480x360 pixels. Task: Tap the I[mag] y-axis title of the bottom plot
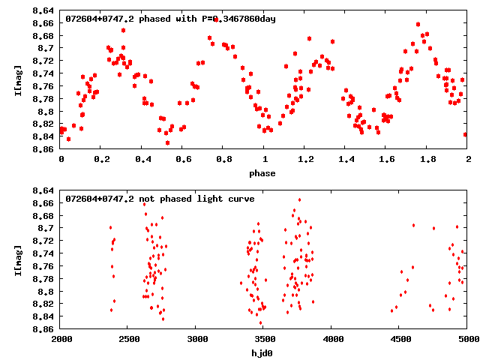17,259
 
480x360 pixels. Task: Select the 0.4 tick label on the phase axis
142,160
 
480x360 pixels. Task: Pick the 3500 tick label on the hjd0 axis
264,340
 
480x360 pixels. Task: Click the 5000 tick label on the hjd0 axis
466,340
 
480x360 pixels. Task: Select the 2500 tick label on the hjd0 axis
129,340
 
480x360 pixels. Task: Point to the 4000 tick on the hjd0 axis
331,340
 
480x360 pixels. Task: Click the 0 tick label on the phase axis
61,160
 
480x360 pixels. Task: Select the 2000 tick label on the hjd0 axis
61,340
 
